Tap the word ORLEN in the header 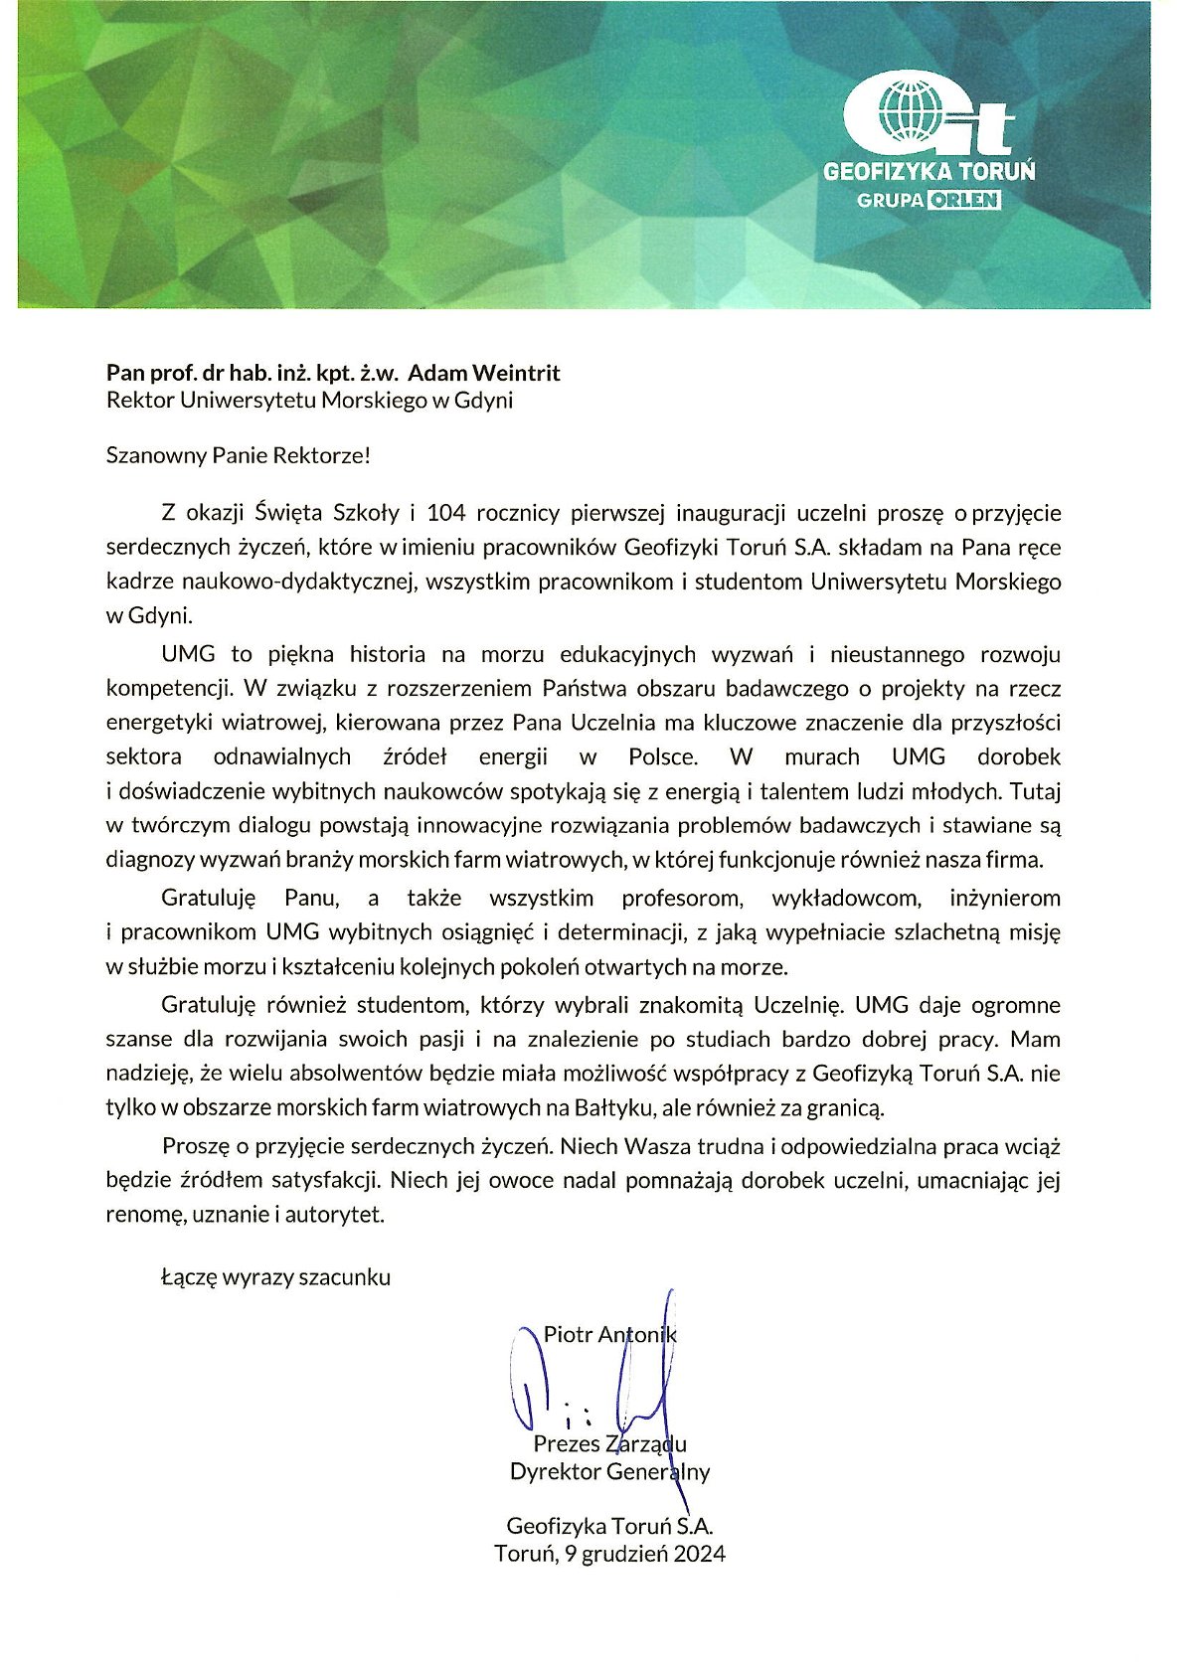coord(964,200)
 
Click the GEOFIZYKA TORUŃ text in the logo coord(929,171)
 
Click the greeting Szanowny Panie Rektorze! coord(239,456)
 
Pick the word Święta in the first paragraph coord(288,513)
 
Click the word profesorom coord(682,898)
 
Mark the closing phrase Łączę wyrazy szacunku coord(275,1277)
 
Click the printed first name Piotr coord(566,1335)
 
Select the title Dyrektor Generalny coord(609,1471)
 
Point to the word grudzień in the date coord(625,1554)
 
